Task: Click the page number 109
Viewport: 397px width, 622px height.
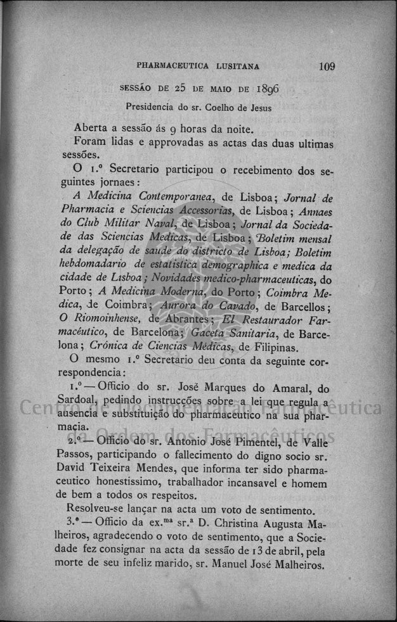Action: [x=327, y=66]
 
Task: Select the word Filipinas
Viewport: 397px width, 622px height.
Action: [x=271, y=348]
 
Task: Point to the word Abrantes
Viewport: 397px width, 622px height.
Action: [x=187, y=322]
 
